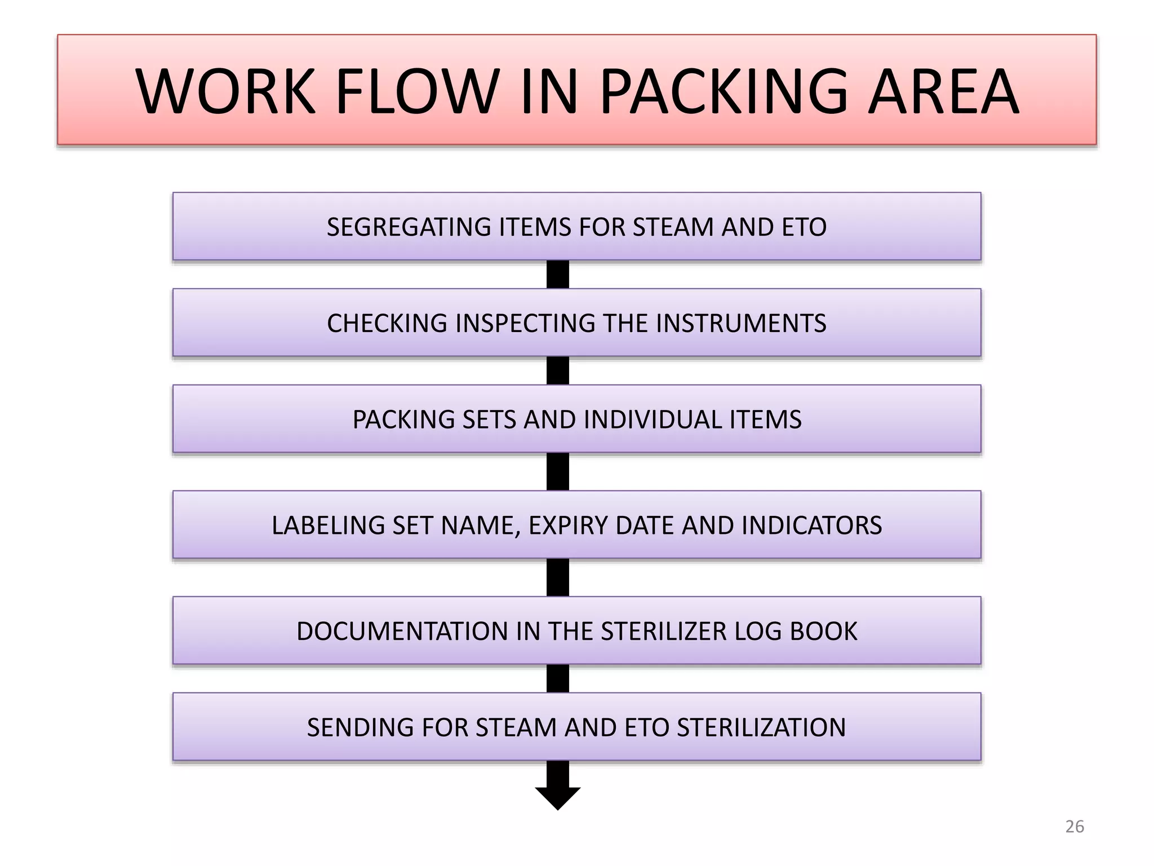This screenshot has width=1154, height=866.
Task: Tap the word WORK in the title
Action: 225,91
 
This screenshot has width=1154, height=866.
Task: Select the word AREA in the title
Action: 943,91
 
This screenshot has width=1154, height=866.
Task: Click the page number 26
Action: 1075,827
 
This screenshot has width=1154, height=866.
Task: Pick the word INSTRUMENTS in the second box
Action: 741,324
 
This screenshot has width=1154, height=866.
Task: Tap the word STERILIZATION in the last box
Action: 761,728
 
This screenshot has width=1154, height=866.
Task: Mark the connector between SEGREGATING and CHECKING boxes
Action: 557,275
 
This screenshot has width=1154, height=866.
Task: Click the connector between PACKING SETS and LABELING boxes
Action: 557,472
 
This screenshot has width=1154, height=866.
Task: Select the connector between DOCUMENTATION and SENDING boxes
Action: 557,679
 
